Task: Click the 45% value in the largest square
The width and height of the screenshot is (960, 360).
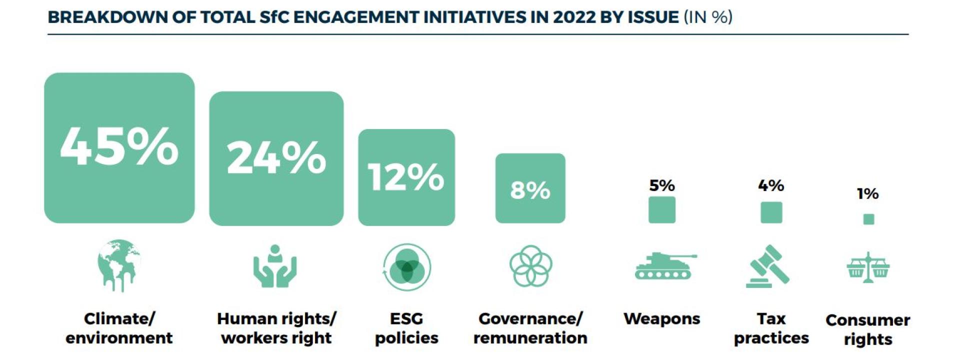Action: (119, 146)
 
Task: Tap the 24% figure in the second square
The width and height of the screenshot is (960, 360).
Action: (276, 158)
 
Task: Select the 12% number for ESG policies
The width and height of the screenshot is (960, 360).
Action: (406, 177)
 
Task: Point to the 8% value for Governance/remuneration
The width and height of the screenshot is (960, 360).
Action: (530, 190)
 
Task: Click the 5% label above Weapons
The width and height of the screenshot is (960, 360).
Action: (661, 185)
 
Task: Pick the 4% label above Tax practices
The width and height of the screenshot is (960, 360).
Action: (770, 185)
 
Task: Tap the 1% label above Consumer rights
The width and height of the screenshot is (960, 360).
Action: (867, 193)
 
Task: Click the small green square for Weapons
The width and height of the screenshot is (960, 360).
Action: (661, 209)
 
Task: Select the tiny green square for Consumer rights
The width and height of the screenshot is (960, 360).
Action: (868, 219)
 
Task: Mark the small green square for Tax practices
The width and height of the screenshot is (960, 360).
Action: (771, 212)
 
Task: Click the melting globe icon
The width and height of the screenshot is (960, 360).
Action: (119, 265)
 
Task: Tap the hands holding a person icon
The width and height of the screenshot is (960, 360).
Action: (274, 266)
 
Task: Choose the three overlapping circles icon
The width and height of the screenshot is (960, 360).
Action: (406, 267)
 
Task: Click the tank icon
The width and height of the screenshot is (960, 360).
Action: (664, 266)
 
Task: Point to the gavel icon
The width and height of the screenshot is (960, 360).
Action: (768, 266)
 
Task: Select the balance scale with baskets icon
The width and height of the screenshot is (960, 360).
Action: (868, 267)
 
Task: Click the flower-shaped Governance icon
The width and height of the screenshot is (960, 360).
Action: (530, 266)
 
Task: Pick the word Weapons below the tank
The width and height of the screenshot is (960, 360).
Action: (661, 319)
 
